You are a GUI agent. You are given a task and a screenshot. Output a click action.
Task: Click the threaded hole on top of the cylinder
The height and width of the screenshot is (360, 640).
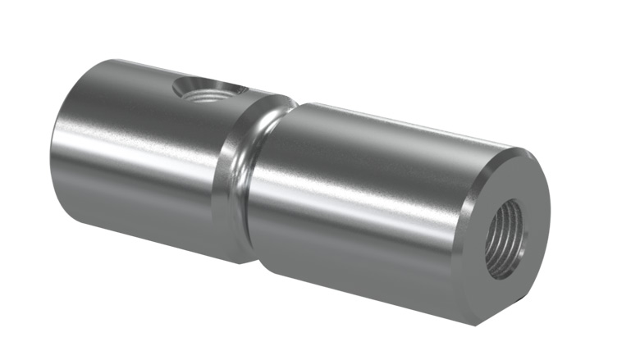(209, 91)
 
